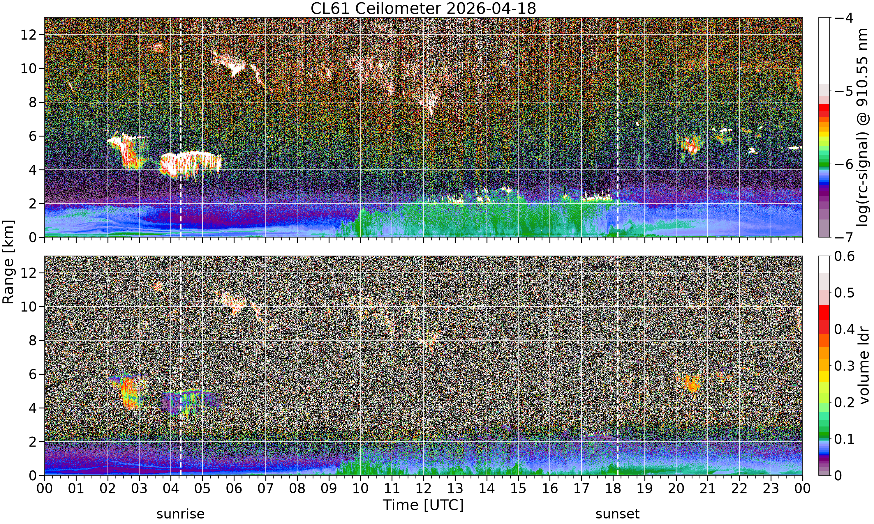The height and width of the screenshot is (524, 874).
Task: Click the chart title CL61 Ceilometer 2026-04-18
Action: [423, 8]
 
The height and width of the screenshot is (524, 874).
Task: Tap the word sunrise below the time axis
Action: [181, 514]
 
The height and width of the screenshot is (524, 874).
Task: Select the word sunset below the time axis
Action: [618, 514]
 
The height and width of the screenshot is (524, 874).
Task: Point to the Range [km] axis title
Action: [8, 261]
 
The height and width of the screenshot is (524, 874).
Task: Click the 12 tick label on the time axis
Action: [423, 488]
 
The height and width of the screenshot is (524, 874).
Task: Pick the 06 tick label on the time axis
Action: [234, 488]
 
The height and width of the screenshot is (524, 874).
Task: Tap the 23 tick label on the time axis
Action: [771, 488]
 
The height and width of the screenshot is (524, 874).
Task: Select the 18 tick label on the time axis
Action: [613, 488]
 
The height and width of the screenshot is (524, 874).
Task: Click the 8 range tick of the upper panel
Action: [33, 102]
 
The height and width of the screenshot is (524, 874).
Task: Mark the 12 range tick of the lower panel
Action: [29, 273]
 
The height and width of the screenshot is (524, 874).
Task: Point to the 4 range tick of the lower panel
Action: [33, 408]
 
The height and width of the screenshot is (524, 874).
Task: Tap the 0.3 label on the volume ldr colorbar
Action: [844, 366]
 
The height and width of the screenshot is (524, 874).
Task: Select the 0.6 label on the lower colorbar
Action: [844, 256]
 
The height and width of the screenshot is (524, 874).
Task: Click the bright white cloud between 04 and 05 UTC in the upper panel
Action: [191, 163]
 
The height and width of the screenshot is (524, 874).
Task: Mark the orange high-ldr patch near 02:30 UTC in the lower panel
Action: [129, 392]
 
